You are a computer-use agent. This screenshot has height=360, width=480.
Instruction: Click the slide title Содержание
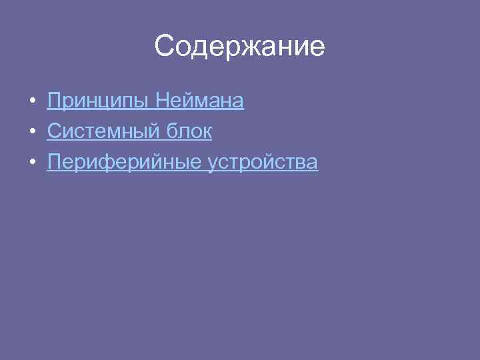239,47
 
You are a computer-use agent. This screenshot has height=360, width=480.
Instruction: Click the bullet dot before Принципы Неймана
32,101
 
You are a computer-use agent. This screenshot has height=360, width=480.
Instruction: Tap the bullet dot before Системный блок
32,132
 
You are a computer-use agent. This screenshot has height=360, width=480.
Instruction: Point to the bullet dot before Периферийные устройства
32,163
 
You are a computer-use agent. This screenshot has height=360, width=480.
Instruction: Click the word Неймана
199,101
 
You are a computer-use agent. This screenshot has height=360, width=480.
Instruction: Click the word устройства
263,163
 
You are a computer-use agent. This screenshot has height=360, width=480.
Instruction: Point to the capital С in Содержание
165,47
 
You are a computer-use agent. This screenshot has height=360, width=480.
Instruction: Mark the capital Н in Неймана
162,101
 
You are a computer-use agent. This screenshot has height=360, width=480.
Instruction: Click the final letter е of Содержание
317,48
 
